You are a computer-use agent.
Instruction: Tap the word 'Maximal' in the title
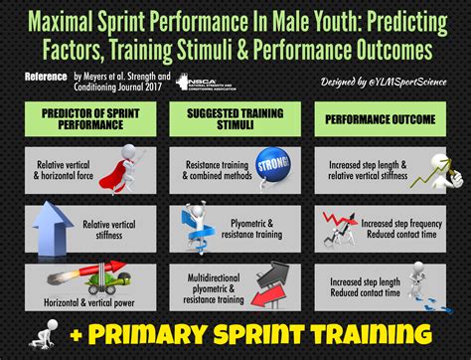coord(80,20)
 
